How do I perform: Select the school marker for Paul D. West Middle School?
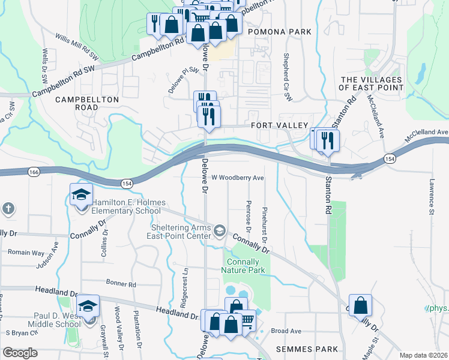point(88,307)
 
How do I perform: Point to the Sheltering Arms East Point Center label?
point(181,232)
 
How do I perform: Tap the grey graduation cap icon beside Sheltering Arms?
point(220,230)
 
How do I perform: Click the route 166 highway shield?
point(33,172)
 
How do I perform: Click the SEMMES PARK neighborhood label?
point(299,349)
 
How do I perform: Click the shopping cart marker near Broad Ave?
point(246,323)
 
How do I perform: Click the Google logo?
point(20,353)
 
